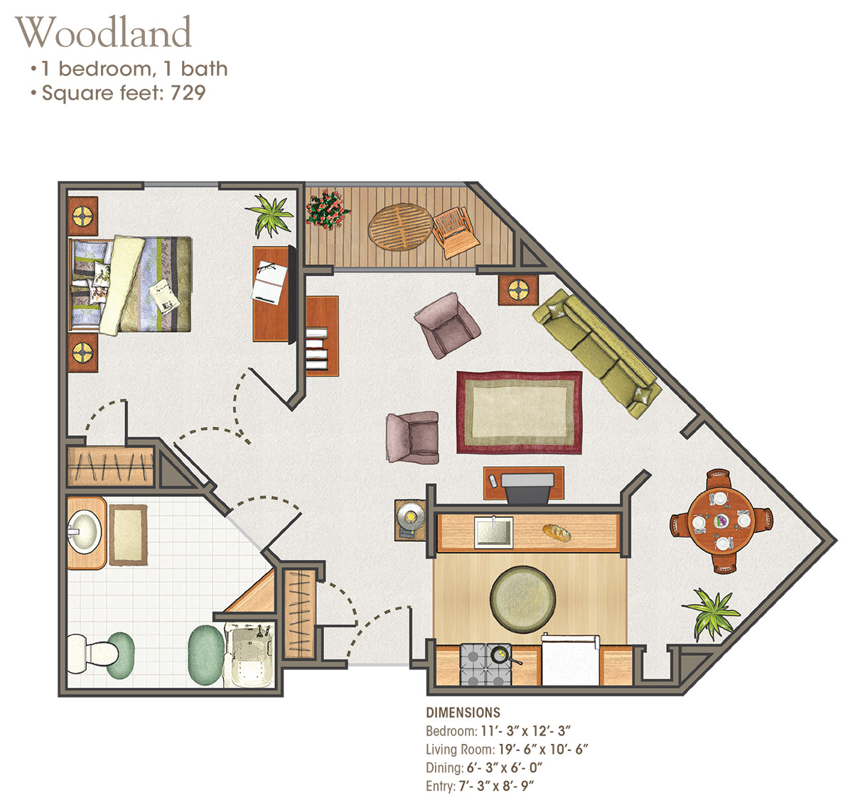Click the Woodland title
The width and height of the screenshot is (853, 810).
click(x=104, y=33)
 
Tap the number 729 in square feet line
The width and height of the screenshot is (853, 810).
click(x=188, y=93)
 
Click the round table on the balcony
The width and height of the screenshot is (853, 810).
click(x=400, y=227)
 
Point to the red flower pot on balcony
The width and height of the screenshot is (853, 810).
click(x=327, y=208)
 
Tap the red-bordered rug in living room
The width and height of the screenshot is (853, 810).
click(x=519, y=412)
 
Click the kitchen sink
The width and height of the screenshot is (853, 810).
click(x=494, y=531)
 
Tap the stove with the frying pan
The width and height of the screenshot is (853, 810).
click(x=484, y=664)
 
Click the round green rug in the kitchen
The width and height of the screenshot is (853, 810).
click(x=522, y=598)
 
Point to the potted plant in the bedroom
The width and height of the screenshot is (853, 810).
click(x=269, y=214)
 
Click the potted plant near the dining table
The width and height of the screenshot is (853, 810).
click(x=710, y=612)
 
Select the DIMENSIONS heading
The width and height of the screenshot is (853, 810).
click(x=463, y=713)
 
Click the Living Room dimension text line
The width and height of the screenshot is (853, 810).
click(x=507, y=749)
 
